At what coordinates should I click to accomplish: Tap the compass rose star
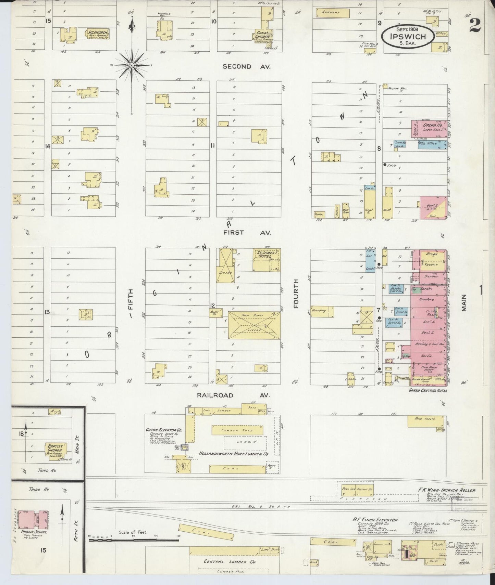point(132,65)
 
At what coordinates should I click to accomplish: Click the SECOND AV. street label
point(246,67)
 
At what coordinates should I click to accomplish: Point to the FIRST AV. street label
point(247,233)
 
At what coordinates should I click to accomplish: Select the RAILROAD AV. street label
point(233,395)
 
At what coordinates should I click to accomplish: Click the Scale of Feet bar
point(134,540)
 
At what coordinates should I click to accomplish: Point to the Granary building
point(332,13)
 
